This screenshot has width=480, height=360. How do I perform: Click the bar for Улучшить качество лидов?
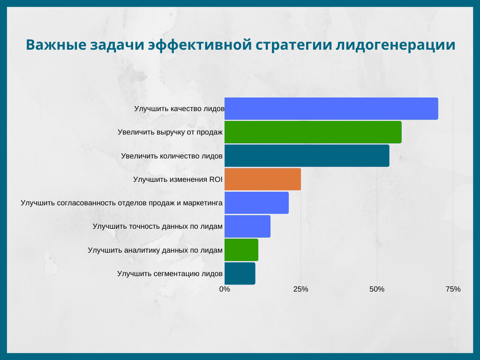click(x=331, y=109)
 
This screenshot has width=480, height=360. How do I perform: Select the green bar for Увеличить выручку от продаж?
click(x=313, y=132)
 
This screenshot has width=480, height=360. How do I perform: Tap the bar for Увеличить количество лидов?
click(x=307, y=156)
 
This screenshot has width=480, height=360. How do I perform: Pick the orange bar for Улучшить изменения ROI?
click(x=262, y=179)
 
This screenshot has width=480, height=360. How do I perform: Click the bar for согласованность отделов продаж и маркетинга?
click(x=256, y=202)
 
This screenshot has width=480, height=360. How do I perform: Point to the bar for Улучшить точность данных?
click(x=247, y=226)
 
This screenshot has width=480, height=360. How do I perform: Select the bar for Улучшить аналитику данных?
click(x=241, y=249)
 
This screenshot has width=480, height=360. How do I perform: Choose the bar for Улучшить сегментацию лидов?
click(x=240, y=273)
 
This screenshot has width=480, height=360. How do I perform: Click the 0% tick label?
click(x=225, y=289)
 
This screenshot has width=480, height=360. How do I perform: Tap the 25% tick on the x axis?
click(x=301, y=289)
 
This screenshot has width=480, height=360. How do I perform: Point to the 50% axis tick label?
click(x=377, y=289)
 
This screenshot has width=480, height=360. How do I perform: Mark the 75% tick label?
click(x=453, y=289)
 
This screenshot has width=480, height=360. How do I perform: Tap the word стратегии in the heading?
click(x=294, y=45)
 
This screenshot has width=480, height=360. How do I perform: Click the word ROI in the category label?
click(x=216, y=179)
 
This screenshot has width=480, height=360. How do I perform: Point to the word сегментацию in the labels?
click(x=176, y=273)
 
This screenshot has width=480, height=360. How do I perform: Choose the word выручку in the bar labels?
click(x=164, y=133)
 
